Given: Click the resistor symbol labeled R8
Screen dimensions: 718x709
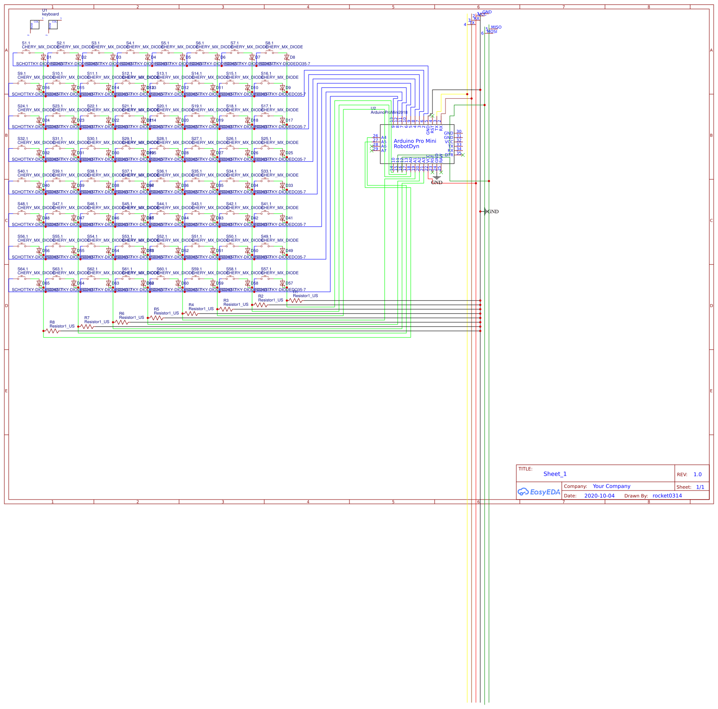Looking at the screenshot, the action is tap(52, 331).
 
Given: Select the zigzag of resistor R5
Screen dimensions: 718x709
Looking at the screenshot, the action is tap(156, 318).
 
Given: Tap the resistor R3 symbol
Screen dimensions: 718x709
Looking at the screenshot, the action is tap(226, 309).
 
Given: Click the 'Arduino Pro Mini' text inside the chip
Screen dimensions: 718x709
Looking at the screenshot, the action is tap(415, 141).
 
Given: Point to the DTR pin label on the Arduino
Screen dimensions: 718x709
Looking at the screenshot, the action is tap(449, 155).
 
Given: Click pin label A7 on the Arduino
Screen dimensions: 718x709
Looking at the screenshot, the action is tap(384, 151).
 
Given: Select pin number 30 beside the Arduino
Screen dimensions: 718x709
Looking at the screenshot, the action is tap(459, 132).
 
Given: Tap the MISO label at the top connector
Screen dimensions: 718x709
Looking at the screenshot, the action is tap(496, 27).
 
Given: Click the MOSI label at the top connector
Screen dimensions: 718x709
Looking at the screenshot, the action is tap(492, 32).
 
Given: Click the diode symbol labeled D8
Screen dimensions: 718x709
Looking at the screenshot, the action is tap(286, 57).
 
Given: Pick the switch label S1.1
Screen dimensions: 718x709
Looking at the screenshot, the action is tap(26, 43).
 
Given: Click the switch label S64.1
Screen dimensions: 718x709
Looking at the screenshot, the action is tap(23, 269).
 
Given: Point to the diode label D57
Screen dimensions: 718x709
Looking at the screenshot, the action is tap(289, 283).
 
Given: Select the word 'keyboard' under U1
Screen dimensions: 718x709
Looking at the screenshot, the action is tap(50, 14).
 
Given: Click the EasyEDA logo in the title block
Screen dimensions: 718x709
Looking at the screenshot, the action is tap(538, 492).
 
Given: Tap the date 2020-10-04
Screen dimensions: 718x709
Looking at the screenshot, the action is tap(599, 496).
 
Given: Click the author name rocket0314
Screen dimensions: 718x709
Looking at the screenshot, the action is tap(667, 496).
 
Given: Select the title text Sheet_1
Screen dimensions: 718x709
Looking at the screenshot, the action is tap(555, 474).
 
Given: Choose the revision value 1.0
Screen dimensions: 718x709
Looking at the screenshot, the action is tap(698, 474).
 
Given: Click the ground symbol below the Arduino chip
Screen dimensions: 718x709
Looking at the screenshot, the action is tap(437, 178).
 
